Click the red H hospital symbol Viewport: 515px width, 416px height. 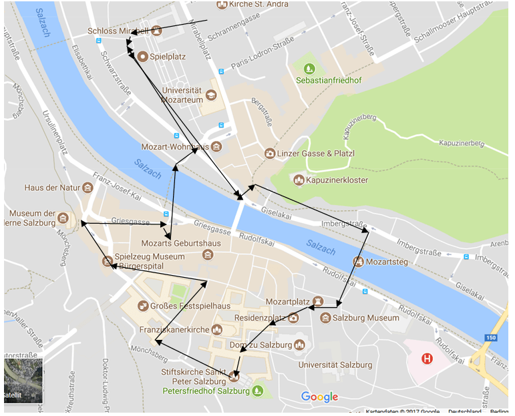(x=427, y=359)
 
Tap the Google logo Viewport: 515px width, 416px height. (x=319, y=397)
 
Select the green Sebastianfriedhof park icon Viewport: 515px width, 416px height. (x=309, y=68)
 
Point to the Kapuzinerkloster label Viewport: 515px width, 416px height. (x=337, y=180)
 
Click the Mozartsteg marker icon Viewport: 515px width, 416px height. (x=359, y=262)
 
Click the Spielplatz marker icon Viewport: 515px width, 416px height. (x=142, y=57)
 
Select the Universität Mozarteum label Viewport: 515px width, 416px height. (x=178, y=95)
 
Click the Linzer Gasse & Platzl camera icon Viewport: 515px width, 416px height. (x=269, y=154)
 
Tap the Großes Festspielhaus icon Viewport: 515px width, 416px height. (x=143, y=306)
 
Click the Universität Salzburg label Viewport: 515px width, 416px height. (x=335, y=365)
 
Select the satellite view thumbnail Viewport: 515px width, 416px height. (x=23, y=381)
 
